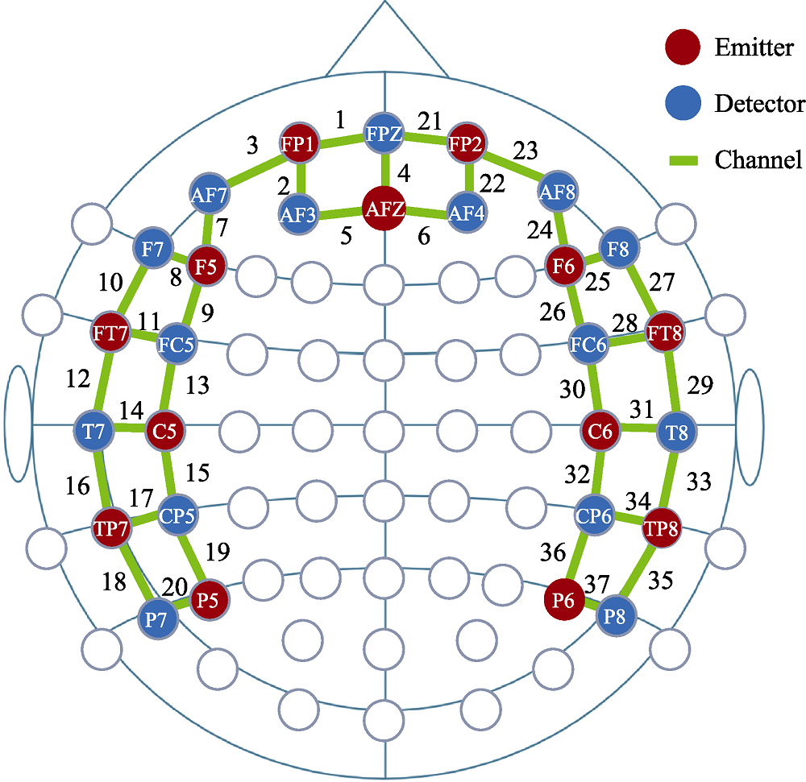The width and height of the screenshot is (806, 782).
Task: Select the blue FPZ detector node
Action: pyautogui.click(x=384, y=132)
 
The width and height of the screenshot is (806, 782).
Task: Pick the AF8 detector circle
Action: pyautogui.click(x=555, y=192)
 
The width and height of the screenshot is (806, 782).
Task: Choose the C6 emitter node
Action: pyautogui.click(x=600, y=431)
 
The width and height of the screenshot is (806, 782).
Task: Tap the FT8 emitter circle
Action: pyautogui.click(x=666, y=332)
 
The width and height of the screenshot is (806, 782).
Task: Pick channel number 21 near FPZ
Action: pyautogui.click(x=430, y=122)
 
